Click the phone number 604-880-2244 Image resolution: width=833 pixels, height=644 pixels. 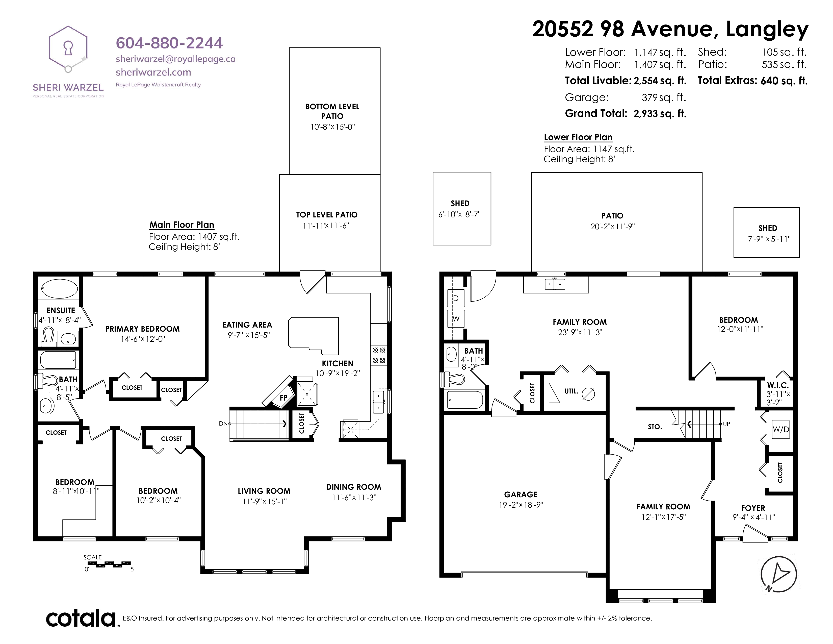(169, 43)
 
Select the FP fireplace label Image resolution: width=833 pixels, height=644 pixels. (283, 398)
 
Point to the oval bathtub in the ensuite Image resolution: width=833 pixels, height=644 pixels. (59, 288)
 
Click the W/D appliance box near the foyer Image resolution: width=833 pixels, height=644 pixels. (781, 429)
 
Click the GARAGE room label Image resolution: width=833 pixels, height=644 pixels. (520, 494)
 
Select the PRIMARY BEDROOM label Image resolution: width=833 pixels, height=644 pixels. (142, 329)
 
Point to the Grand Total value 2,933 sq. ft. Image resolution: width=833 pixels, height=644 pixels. (660, 114)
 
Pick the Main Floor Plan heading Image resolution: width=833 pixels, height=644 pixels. (181, 225)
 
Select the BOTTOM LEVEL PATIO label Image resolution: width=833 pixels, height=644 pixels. (332, 111)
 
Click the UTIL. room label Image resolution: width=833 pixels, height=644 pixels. (571, 391)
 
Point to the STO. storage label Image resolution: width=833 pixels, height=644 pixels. (655, 427)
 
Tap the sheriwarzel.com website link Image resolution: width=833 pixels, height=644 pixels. (153, 72)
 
